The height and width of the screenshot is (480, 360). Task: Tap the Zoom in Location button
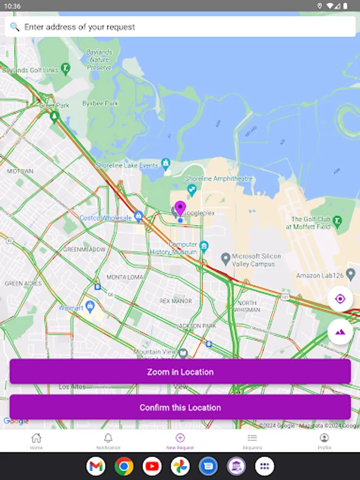(180, 372)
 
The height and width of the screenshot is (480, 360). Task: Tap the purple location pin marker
(180, 209)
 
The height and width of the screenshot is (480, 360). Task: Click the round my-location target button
(340, 299)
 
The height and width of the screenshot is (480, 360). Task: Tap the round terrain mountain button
(340, 332)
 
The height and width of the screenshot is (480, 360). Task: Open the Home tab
(36, 441)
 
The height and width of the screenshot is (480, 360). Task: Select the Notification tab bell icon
(108, 438)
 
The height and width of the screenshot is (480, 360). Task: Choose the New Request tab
(180, 441)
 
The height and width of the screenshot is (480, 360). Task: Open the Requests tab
(252, 441)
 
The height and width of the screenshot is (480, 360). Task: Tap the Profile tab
(324, 441)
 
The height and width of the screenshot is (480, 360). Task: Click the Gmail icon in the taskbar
(95, 467)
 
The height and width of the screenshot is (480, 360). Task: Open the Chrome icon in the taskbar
(124, 467)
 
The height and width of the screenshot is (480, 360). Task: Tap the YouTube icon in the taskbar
(152, 467)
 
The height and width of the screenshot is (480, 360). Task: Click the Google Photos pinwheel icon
(180, 467)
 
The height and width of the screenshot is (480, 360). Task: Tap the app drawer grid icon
(265, 467)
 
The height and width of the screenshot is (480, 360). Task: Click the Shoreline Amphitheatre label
(219, 179)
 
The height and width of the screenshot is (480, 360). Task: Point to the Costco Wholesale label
(106, 218)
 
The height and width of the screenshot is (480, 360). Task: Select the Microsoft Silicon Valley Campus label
(257, 260)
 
